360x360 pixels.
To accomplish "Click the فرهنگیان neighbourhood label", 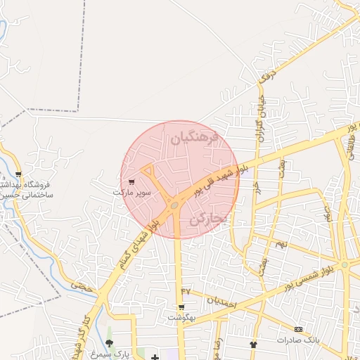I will click(195, 139).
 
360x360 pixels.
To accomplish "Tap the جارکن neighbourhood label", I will click(208, 220).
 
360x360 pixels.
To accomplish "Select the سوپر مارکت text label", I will click(133, 192).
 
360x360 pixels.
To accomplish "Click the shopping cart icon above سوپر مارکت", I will click(131, 182).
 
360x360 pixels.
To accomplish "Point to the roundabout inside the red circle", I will click(174, 205).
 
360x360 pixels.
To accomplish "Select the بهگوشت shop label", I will click(181, 317).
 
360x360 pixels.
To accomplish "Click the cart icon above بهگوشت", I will click(181, 307).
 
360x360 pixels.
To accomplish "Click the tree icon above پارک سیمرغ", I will click(108, 342).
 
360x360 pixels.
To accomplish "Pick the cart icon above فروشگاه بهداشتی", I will click(18, 174).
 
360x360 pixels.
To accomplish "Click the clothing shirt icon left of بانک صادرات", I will click(254, 344).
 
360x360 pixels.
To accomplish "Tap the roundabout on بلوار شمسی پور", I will click(344, 264).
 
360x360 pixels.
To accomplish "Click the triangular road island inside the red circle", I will click(149, 171).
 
